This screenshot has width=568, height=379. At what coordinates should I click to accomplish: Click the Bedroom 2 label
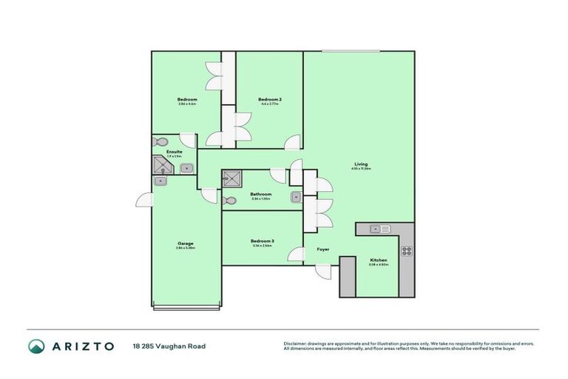(x=270, y=99)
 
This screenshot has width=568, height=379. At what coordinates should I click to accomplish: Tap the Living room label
(x=360, y=164)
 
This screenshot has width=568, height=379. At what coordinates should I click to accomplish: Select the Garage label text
(x=186, y=244)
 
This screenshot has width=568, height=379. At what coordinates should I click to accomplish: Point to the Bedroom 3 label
(x=262, y=241)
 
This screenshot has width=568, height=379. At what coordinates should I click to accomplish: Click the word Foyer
(x=323, y=249)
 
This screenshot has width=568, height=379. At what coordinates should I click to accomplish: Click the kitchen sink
(x=376, y=229)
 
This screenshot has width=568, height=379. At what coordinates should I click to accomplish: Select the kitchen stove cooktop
(x=406, y=250)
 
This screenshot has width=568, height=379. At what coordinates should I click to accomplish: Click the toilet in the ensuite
(x=160, y=142)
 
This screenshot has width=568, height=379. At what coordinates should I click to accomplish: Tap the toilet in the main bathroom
(x=230, y=200)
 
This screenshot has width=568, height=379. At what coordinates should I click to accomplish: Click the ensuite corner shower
(x=160, y=167)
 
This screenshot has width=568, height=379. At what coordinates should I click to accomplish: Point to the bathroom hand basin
(x=295, y=197)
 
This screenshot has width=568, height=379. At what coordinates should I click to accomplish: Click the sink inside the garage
(x=160, y=181)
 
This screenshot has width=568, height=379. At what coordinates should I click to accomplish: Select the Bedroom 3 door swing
(x=297, y=255)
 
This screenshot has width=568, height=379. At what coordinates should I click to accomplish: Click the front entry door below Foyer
(x=322, y=271)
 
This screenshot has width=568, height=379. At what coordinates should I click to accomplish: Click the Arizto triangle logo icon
(x=36, y=346)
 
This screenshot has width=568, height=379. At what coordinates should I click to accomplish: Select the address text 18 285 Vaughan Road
(x=169, y=346)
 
